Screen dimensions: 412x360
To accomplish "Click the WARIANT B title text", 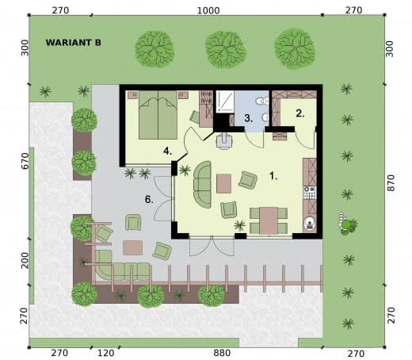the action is pyautogui.click(x=74, y=43).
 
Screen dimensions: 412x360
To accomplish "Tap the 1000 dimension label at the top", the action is pyautogui.click(x=208, y=10).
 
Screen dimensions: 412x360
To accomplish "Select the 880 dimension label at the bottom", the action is pyautogui.click(x=222, y=353).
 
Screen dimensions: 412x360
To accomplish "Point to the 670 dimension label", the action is pyautogui.click(x=25, y=161).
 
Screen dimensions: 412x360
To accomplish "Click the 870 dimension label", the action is pyautogui.click(x=391, y=182).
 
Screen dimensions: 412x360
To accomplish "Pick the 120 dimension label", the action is pyautogui.click(x=105, y=353).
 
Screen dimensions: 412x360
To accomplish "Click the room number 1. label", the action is pyautogui.click(x=273, y=176).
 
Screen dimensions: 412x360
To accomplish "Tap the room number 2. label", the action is pyautogui.click(x=300, y=113).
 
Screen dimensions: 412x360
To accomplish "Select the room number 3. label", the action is pyautogui.click(x=248, y=118).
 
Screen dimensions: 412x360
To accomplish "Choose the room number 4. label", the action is pyautogui.click(x=168, y=151).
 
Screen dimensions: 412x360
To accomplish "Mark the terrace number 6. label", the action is pyautogui.click(x=149, y=200).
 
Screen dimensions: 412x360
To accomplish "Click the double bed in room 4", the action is pyautogui.click(x=158, y=115).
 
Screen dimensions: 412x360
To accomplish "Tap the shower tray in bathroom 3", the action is pyautogui.click(x=225, y=101).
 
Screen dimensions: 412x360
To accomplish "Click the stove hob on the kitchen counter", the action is pyautogui.click(x=310, y=193).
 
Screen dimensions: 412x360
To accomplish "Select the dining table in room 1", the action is pyautogui.click(x=269, y=221).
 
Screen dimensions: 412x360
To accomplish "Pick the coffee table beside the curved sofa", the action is pyautogui.click(x=224, y=183).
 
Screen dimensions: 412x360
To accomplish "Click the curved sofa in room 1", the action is pyautogui.click(x=203, y=185).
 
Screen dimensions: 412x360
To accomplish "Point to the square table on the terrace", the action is pyautogui.click(x=133, y=247).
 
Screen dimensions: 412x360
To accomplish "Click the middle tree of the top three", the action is pyautogui.click(x=226, y=49).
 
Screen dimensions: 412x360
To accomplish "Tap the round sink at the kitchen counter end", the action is pyautogui.click(x=310, y=224).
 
